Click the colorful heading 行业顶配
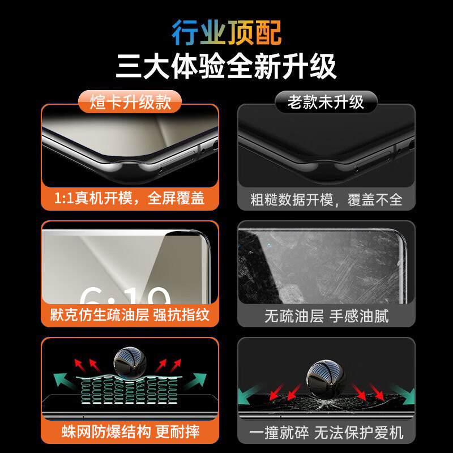click(x=226, y=32)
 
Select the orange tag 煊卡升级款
click(x=131, y=102)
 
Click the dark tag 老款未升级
click(x=326, y=102)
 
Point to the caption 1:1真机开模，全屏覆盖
click(x=130, y=199)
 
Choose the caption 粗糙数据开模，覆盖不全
click(x=326, y=199)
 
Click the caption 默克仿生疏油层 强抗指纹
click(x=130, y=315)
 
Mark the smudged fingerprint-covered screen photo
click(x=326, y=266)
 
